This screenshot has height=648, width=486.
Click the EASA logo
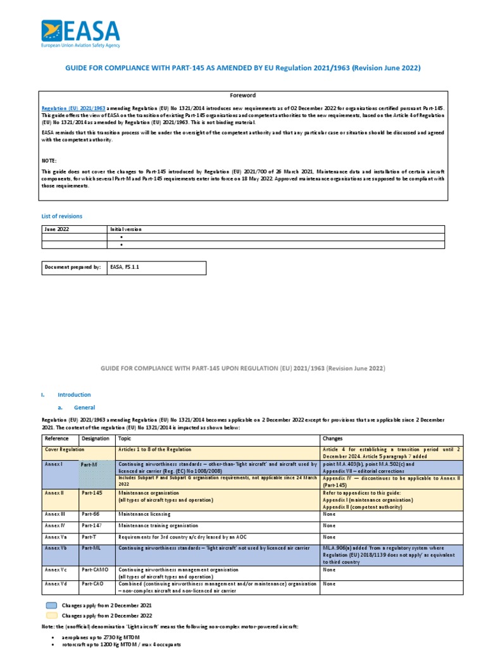80,34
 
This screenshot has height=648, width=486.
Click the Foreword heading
243,96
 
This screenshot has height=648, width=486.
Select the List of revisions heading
61,216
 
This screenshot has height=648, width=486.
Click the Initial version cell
126,229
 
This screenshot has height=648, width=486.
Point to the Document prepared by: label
72,268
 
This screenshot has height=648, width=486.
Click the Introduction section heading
74,395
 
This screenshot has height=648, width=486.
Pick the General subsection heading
85,408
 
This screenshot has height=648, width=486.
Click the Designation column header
95,438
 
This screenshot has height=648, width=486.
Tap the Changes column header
333,438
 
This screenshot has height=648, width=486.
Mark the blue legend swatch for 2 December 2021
51,606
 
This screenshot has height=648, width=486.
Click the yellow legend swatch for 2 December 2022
51,615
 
